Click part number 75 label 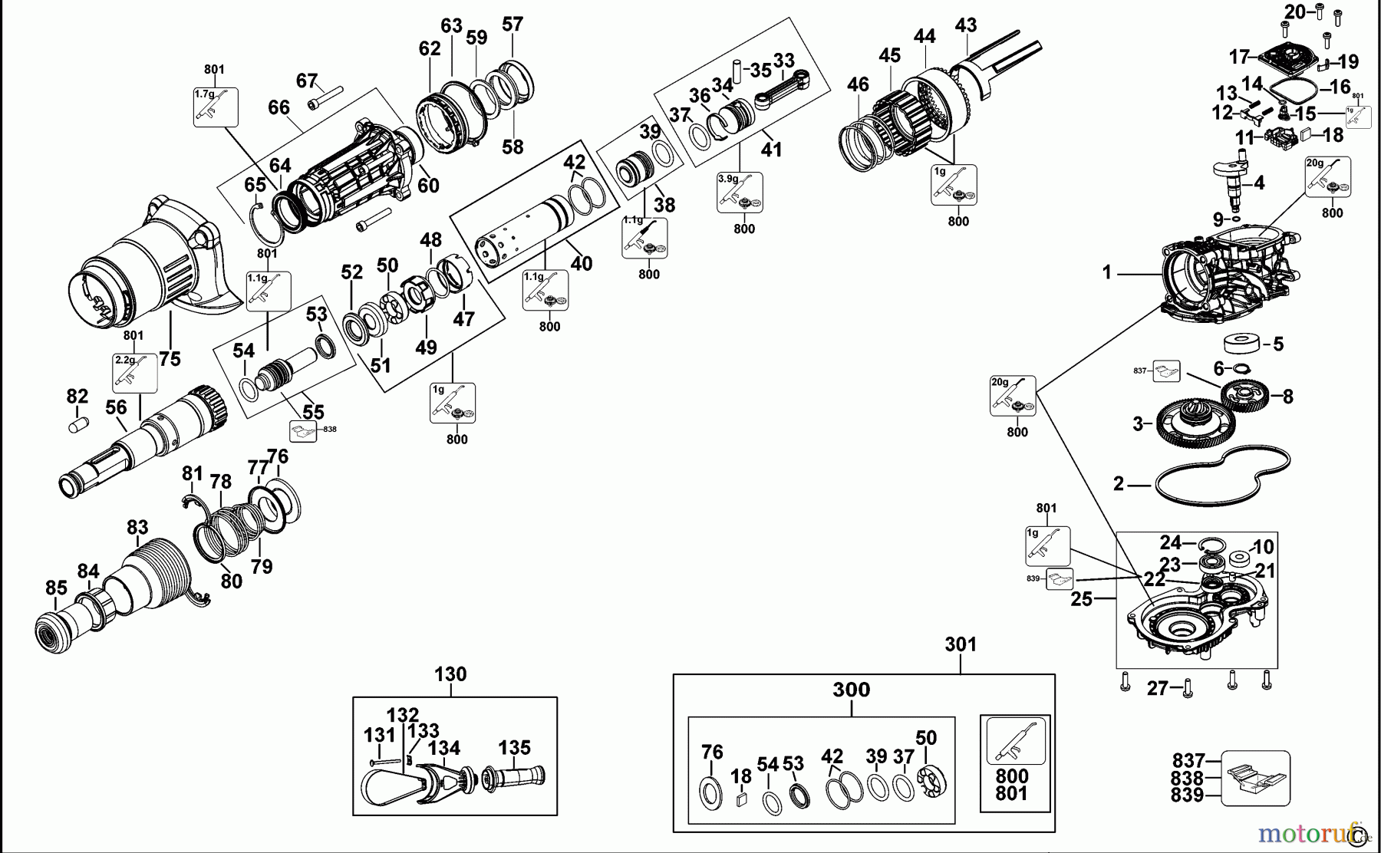[170, 358]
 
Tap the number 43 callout [965, 25]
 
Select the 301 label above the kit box [961, 644]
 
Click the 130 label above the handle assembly [450, 675]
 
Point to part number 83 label [137, 528]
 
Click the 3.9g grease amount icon [740, 192]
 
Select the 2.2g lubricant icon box [135, 374]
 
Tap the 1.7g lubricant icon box [215, 107]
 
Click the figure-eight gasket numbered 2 [1220, 476]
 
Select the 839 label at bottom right [1187, 795]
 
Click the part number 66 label [279, 108]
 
